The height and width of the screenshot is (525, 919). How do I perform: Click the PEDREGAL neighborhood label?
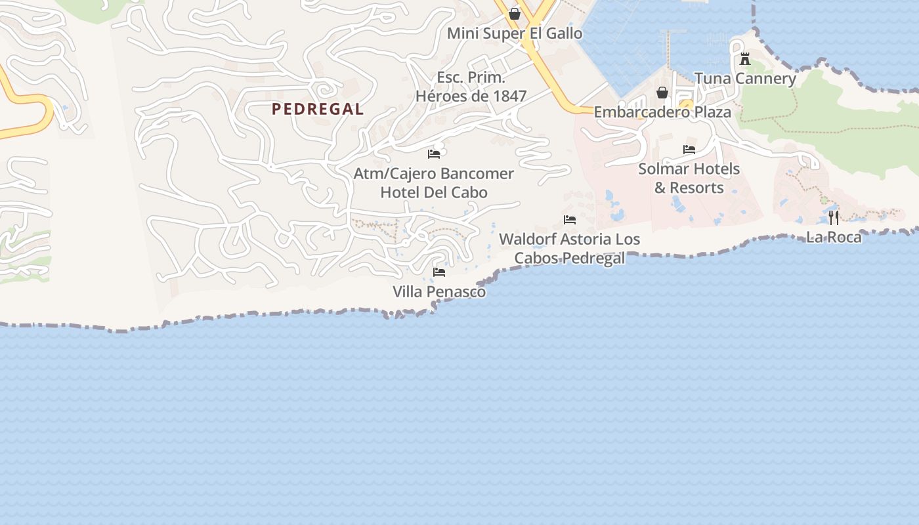pyautogui.click(x=318, y=110)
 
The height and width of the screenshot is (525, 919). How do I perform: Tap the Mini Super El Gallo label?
pyautogui.click(x=515, y=33)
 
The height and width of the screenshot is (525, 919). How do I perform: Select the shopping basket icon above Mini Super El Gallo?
pyautogui.click(x=515, y=14)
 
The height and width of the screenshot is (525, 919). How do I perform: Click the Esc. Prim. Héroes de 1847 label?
pyautogui.click(x=471, y=87)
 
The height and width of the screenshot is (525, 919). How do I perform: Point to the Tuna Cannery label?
pyautogui.click(x=745, y=79)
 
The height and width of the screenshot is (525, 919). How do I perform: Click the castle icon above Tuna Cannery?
pyautogui.click(x=745, y=59)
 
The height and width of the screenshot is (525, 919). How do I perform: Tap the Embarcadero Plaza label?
pyautogui.click(x=662, y=112)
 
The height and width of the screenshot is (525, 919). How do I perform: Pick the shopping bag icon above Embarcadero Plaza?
pyautogui.click(x=662, y=93)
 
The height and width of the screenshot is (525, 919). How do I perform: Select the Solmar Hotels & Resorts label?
pyautogui.click(x=689, y=178)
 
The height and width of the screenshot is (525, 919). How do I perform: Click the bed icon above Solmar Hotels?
pyautogui.click(x=689, y=150)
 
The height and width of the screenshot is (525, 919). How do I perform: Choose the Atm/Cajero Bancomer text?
pyautogui.click(x=434, y=174)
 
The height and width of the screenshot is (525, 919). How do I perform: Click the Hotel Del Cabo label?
pyautogui.click(x=434, y=192)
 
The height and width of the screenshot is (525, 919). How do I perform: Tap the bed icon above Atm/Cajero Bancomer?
pyautogui.click(x=434, y=154)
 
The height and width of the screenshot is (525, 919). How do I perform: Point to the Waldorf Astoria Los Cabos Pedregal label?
pyautogui.click(x=570, y=249)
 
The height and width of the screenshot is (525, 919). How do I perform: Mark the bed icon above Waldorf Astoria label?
pyautogui.click(x=570, y=220)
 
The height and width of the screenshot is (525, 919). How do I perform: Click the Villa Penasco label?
pyautogui.click(x=439, y=291)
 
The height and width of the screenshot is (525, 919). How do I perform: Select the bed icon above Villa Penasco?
pyautogui.click(x=439, y=272)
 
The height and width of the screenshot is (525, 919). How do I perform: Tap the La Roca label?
pyautogui.click(x=834, y=237)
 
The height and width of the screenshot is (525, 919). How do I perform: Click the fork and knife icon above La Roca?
pyautogui.click(x=834, y=217)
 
